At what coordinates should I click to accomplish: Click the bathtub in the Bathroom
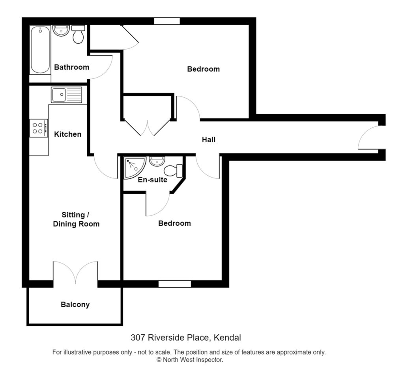40,50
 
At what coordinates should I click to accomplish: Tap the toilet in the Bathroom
79,35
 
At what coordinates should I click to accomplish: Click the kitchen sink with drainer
66,95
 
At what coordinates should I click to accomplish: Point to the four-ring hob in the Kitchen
39,128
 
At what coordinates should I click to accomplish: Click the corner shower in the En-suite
134,167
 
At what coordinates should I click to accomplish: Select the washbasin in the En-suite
157,161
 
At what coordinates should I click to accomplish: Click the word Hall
208,139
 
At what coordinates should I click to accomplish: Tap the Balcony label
75,304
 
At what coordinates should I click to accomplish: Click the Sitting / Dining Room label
76,219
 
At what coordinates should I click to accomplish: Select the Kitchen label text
67,134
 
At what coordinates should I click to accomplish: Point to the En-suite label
152,180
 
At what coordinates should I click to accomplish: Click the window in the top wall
166,21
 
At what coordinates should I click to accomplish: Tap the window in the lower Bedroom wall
174,284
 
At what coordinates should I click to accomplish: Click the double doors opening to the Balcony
75,273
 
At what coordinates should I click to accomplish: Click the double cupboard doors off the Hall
148,127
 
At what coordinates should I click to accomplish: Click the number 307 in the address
137,338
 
